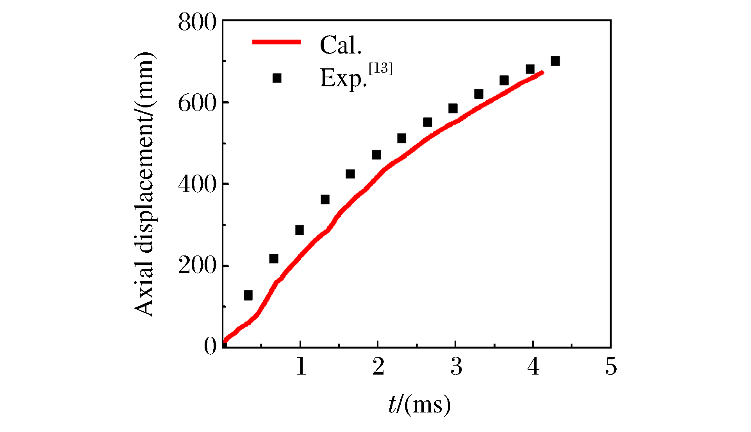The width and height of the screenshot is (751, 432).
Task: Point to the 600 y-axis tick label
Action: [x=197, y=104]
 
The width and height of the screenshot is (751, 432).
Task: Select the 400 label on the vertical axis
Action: [x=197, y=184]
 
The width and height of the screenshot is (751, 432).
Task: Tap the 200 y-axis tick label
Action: [x=197, y=266]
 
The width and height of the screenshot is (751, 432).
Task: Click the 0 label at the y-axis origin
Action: [x=210, y=346]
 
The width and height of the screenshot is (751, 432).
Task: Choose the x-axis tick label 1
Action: [x=301, y=366]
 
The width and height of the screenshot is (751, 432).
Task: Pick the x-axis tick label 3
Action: [x=456, y=366]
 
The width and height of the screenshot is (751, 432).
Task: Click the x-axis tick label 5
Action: [x=611, y=366]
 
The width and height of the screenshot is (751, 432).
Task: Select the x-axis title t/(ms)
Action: [x=419, y=405]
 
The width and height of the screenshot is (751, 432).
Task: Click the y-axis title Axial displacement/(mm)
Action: [x=145, y=184]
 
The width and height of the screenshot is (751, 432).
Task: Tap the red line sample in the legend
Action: [x=276, y=42]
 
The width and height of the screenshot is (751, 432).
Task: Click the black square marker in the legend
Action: [x=277, y=78]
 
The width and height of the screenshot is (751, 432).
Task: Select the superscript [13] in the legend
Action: [x=381, y=68]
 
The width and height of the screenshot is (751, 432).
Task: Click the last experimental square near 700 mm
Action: [x=555, y=61]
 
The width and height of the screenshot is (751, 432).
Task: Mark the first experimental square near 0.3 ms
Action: [x=248, y=295]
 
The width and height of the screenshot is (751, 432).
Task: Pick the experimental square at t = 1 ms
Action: [x=300, y=230]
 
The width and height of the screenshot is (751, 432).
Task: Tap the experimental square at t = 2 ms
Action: [x=376, y=155]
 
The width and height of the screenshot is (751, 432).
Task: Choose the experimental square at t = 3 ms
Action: [x=453, y=108]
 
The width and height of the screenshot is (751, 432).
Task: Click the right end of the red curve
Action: [x=542, y=72]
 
